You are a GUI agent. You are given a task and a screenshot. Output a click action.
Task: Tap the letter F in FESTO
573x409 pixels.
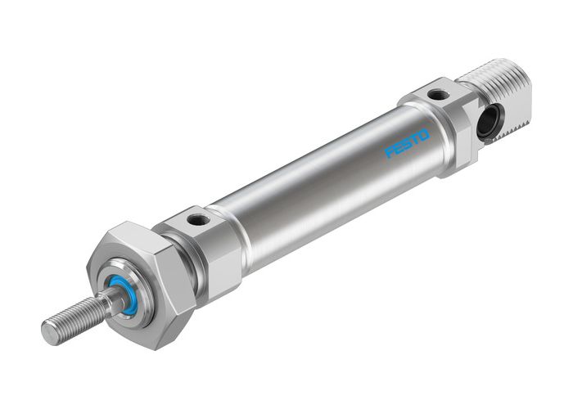(391, 153)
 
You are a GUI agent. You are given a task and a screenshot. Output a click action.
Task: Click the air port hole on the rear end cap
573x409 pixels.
(440, 95)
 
